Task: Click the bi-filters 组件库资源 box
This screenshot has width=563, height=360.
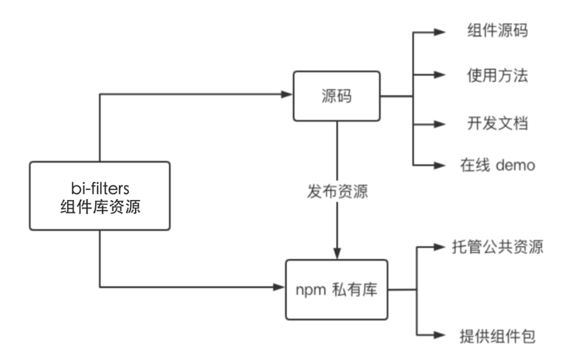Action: coord(100,195)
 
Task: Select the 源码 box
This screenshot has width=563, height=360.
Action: coord(337,96)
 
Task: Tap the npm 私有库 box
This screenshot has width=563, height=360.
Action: coord(337,290)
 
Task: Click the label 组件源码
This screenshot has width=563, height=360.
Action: coord(497,31)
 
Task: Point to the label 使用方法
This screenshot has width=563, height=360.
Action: coord(497,76)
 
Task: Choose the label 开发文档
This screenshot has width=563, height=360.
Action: coord(497,123)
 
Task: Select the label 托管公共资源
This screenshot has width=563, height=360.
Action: coord(497,246)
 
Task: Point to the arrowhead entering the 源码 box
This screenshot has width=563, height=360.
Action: coord(287,94)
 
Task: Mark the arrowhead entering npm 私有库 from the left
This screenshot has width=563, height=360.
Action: coord(280,287)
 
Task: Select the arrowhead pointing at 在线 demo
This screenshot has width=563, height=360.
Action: coord(440,165)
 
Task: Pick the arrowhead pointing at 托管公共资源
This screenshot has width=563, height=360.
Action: coord(440,246)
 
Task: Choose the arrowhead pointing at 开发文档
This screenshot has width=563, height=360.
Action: coord(440,124)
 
